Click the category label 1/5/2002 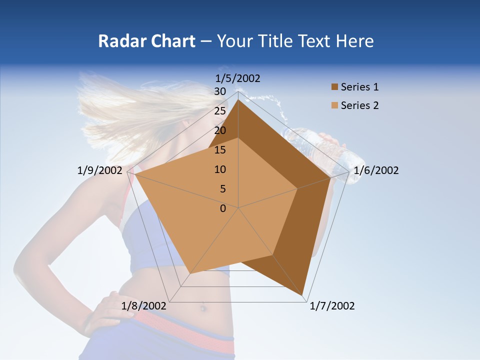237,78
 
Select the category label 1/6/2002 376,170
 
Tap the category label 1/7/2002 332,306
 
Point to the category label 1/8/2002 144,306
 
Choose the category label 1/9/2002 100,170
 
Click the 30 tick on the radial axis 220,91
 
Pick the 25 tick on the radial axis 220,111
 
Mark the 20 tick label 220,130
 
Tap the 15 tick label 220,150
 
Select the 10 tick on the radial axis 220,169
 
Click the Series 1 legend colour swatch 334,87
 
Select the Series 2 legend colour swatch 334,105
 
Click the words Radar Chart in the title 146,41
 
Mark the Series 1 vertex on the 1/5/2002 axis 238,100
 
